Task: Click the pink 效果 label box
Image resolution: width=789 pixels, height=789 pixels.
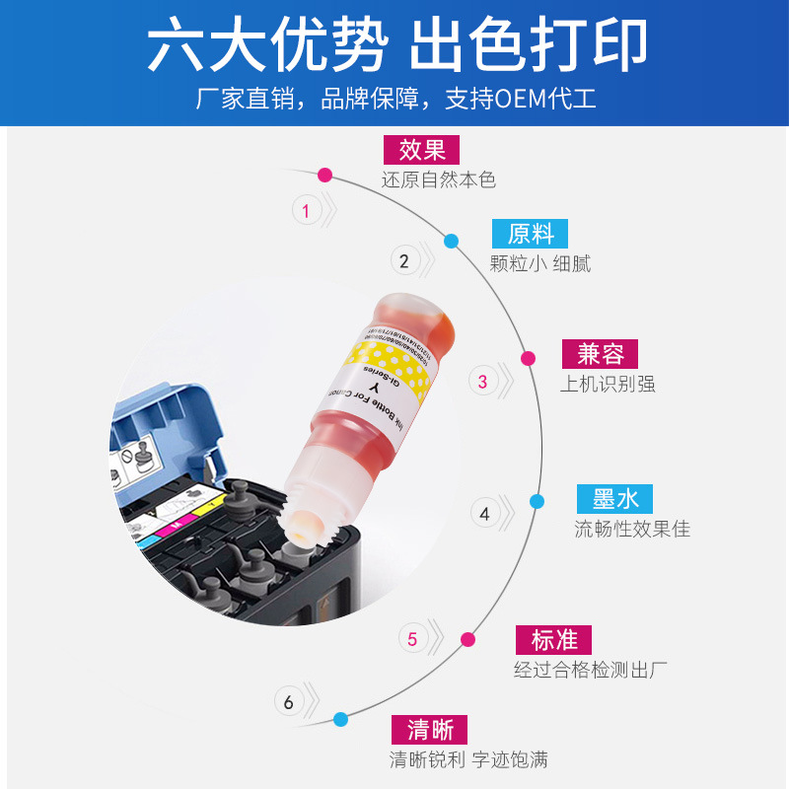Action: [x=422, y=150]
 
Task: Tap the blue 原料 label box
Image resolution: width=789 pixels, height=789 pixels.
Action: [x=531, y=234]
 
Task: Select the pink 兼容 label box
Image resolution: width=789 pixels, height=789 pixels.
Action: [x=601, y=354]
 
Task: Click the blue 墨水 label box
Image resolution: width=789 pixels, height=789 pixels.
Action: [x=615, y=499]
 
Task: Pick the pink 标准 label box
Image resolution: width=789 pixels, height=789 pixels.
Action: [x=553, y=639]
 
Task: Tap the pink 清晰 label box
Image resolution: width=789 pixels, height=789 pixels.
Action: [x=430, y=730]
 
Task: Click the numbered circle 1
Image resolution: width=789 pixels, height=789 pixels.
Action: [x=306, y=210]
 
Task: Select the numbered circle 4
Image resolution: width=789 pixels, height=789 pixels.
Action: [x=484, y=513]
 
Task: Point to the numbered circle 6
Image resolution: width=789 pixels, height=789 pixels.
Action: [x=288, y=702]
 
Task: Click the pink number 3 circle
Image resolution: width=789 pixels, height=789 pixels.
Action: [x=482, y=382]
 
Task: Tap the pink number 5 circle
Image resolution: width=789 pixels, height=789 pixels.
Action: [x=412, y=639]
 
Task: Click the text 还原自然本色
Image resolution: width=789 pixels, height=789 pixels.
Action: [x=438, y=180]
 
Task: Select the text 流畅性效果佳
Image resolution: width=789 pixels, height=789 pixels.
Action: [x=632, y=530]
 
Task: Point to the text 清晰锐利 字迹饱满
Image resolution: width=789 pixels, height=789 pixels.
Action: [x=468, y=759]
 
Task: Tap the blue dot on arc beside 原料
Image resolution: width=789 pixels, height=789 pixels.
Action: [x=451, y=241]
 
